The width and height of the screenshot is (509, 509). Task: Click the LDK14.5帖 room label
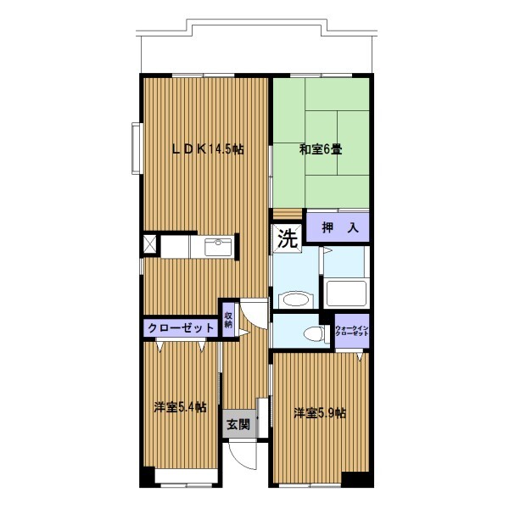pyautogui.click(x=208, y=149)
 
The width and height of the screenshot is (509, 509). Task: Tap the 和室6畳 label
pyautogui.click(x=321, y=149)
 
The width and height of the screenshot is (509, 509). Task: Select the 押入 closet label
pyautogui.click(x=340, y=228)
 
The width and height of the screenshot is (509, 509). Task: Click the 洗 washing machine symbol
pyautogui.click(x=288, y=238)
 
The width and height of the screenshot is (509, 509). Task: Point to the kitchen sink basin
pyautogui.click(x=218, y=248)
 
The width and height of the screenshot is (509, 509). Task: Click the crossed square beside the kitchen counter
pyautogui.click(x=150, y=243)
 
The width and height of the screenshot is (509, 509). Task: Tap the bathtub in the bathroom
pyautogui.click(x=346, y=294)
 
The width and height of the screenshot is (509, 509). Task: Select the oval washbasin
pyautogui.click(x=295, y=300)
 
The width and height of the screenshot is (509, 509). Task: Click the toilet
pyautogui.click(x=314, y=333)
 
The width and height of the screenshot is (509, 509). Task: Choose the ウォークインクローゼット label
pyautogui.click(x=352, y=331)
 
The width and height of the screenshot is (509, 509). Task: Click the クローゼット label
pyautogui.click(x=181, y=328)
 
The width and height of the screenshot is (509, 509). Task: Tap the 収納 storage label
pyautogui.click(x=228, y=320)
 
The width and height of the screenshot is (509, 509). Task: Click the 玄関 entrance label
pyautogui.click(x=238, y=424)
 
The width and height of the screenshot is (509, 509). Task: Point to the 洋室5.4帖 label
pyautogui.click(x=181, y=407)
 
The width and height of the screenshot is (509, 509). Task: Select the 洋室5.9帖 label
pyautogui.click(x=320, y=413)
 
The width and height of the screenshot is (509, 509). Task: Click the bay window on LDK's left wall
pyautogui.click(x=136, y=148)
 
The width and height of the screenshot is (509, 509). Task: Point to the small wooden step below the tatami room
pyautogui.click(x=288, y=215)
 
